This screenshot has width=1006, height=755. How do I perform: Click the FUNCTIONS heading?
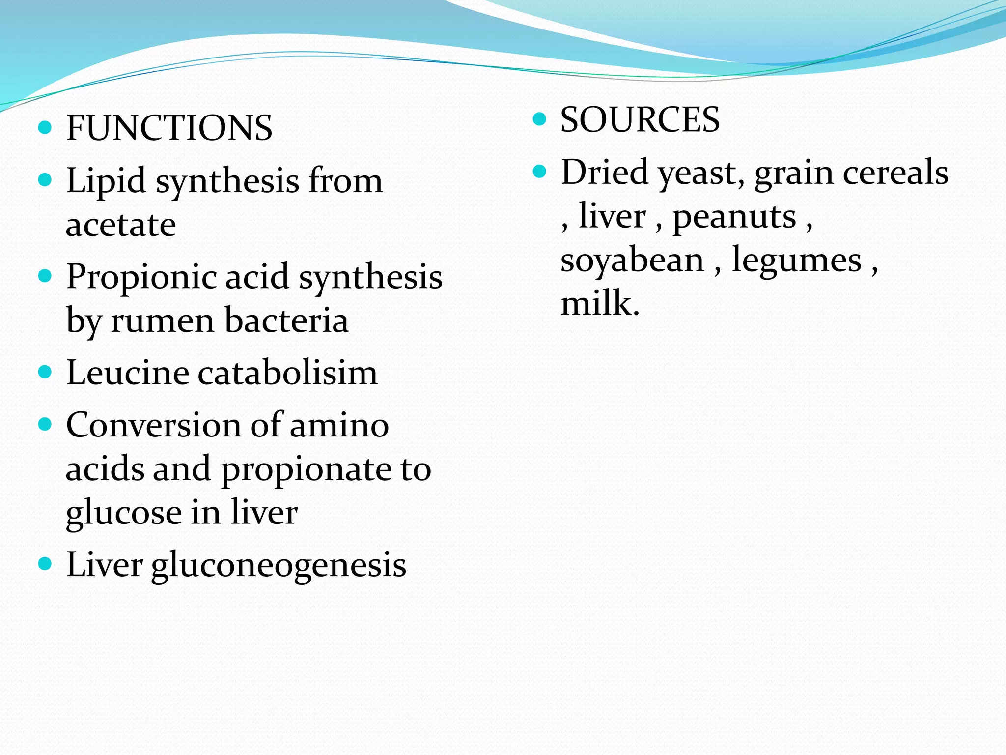pyautogui.click(x=169, y=128)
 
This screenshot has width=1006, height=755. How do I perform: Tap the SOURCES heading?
pyautogui.click(x=640, y=120)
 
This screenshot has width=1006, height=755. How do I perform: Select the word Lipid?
pyautogui.click(x=106, y=181)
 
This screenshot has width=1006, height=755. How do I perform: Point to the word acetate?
pyautogui.click(x=121, y=225)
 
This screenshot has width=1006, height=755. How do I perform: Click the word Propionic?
pyautogui.click(x=141, y=277)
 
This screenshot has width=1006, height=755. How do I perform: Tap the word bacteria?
pyautogui.click(x=287, y=320)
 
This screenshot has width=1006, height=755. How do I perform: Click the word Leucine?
pyautogui.click(x=127, y=373)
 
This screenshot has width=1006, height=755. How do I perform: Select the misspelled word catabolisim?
pyautogui.click(x=288, y=373)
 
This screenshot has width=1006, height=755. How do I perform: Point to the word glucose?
pyautogui.click(x=124, y=513)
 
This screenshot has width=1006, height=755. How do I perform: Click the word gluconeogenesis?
pyautogui.click(x=279, y=565)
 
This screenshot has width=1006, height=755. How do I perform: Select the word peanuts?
pyautogui.click(x=734, y=216)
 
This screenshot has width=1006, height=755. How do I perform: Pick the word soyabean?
pyautogui.click(x=632, y=260)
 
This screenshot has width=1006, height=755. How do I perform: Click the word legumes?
pyautogui.click(x=797, y=260)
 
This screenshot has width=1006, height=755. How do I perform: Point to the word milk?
pyautogui.click(x=599, y=303)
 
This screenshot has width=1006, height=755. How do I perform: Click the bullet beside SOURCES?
pyautogui.click(x=539, y=119)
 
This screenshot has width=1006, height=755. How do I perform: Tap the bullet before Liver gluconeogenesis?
pyautogui.click(x=45, y=563)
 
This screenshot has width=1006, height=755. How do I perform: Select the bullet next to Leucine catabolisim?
pyautogui.click(x=45, y=372)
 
